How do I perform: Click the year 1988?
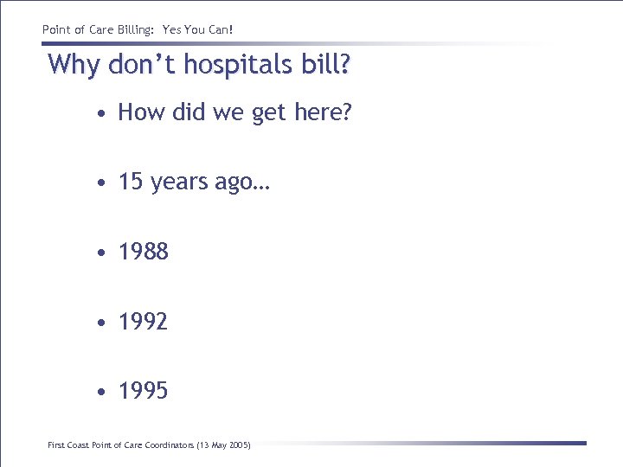[144, 252]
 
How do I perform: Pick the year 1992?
[144, 322]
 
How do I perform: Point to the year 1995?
[144, 391]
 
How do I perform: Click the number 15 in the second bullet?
[131, 182]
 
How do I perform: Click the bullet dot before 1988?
[102, 253]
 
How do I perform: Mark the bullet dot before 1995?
[102, 392]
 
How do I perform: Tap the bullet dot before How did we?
[102, 113]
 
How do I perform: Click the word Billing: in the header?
[133, 30]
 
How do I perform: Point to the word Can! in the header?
[220, 30]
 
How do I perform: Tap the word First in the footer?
[55, 445]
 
